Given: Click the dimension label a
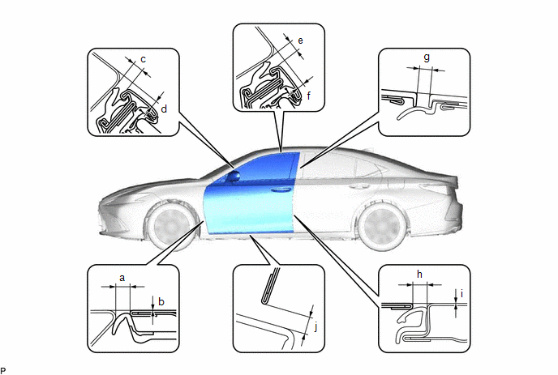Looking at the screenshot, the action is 122,278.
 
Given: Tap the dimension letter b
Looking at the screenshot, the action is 161,302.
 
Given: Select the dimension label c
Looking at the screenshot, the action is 143,59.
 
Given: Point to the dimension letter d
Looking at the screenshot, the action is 164,109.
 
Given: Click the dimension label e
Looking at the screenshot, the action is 300,40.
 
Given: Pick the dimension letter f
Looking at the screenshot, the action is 309,95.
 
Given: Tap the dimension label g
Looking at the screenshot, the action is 427,58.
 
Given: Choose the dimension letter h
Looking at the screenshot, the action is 419,274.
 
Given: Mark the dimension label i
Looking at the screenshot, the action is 462,294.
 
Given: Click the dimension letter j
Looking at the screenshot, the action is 316,326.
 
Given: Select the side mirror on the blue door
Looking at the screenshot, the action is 234,176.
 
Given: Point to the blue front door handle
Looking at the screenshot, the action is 281,190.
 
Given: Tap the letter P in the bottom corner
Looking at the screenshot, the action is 3,371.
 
